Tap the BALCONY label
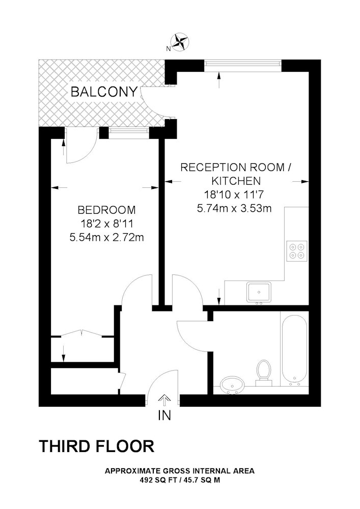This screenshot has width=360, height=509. [104, 92]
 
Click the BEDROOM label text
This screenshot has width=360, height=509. [107, 210]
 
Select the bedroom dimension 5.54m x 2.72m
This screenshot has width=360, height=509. [107, 238]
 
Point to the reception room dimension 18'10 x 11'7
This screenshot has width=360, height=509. [234, 195]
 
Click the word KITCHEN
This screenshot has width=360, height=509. [236, 181]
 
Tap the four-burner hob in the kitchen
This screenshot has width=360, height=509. [297, 250]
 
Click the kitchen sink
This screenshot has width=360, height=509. [259, 292]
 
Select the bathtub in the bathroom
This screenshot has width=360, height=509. [294, 350]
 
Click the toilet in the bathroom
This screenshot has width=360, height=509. [263, 372]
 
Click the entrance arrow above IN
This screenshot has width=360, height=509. [164, 400]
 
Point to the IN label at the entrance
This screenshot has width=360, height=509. [164, 415]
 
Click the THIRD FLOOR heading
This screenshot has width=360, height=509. [97, 446]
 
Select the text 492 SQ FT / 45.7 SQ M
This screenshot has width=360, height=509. [180, 480]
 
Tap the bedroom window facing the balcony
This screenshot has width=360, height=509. [129, 131]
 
